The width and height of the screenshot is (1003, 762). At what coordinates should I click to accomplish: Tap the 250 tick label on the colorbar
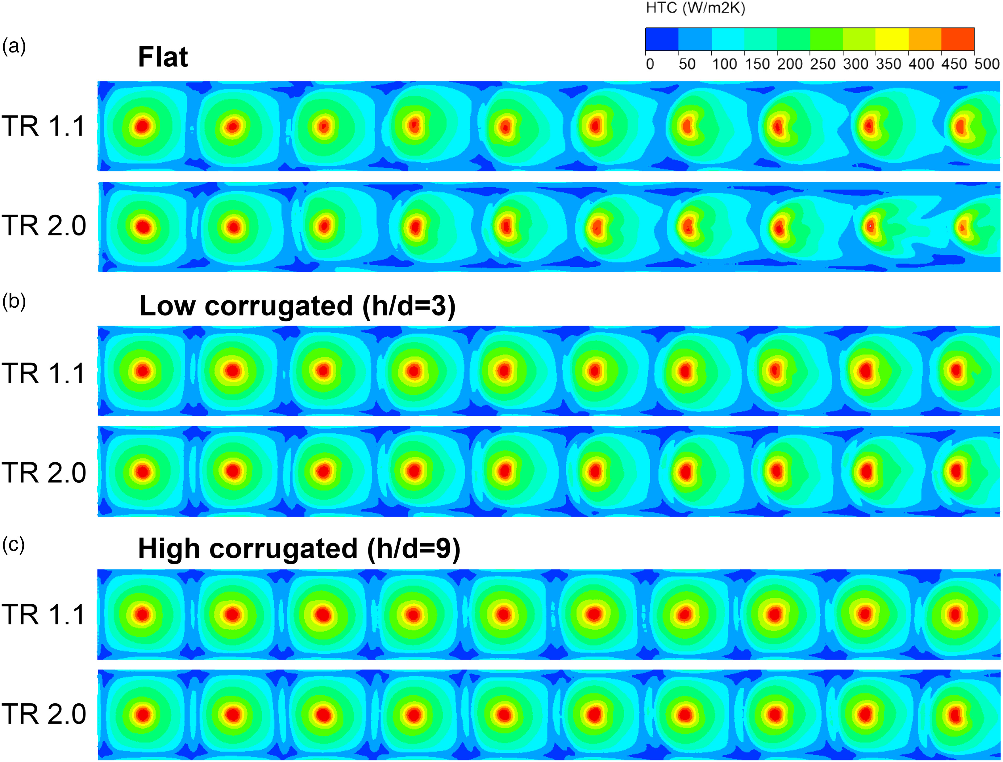(x=822, y=64)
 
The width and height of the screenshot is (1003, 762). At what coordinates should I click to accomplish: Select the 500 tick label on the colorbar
(x=987, y=64)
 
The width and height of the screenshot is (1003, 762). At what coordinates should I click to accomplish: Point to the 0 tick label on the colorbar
(x=650, y=64)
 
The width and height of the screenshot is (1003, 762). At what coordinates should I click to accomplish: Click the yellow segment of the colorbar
(x=892, y=39)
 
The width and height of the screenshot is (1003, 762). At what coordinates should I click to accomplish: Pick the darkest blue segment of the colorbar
(x=662, y=39)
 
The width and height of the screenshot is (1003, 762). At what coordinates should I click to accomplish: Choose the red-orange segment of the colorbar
(x=957, y=39)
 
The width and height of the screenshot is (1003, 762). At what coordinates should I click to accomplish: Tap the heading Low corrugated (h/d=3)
(x=297, y=306)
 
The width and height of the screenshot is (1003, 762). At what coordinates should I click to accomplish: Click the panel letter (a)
(x=14, y=46)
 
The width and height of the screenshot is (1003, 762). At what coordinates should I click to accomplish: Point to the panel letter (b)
(x=14, y=302)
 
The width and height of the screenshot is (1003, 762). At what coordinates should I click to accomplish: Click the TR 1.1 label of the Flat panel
(x=44, y=126)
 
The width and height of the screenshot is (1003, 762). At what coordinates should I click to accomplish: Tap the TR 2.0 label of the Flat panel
(x=44, y=226)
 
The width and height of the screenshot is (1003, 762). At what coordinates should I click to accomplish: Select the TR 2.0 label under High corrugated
(x=44, y=714)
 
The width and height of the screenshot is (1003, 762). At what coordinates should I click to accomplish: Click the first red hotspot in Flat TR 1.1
(x=142, y=126)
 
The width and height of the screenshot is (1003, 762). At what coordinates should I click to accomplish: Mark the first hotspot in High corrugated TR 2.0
(x=143, y=715)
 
